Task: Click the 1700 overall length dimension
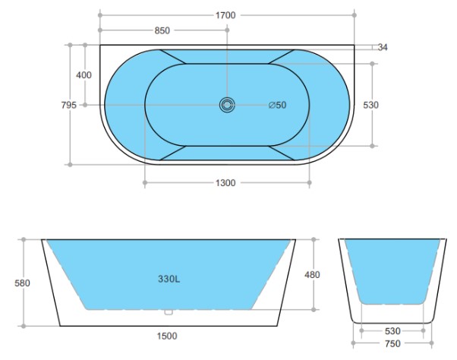[225, 15]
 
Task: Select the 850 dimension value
[162, 30]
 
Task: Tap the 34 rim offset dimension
[383, 47]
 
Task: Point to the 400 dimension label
[84, 75]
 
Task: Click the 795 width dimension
[69, 105]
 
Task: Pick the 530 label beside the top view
[370, 105]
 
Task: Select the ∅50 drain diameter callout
[278, 105]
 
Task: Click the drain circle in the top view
[227, 105]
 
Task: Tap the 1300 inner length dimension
[225, 183]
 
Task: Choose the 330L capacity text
[169, 279]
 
